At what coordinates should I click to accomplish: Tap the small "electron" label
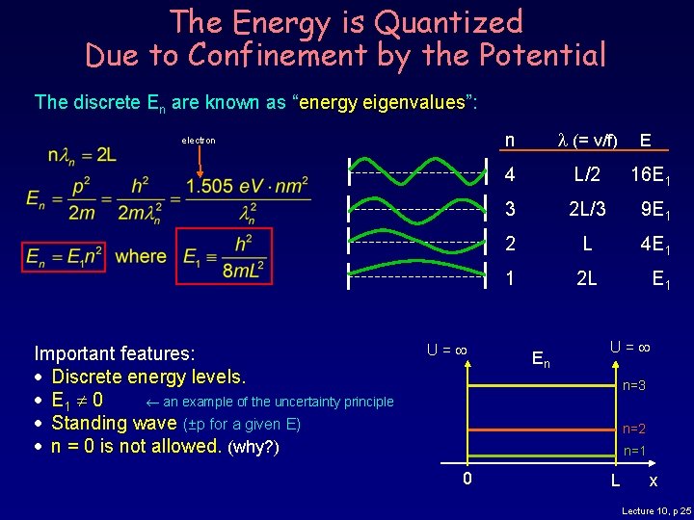199,141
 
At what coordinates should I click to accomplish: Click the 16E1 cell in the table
651,175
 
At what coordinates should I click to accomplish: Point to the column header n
510,140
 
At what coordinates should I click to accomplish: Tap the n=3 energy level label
633,386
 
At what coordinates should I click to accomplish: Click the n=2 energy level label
633,429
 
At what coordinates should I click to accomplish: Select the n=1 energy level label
633,451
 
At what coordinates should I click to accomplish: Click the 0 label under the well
467,479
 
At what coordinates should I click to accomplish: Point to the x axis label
654,480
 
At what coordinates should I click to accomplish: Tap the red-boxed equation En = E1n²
67,257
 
